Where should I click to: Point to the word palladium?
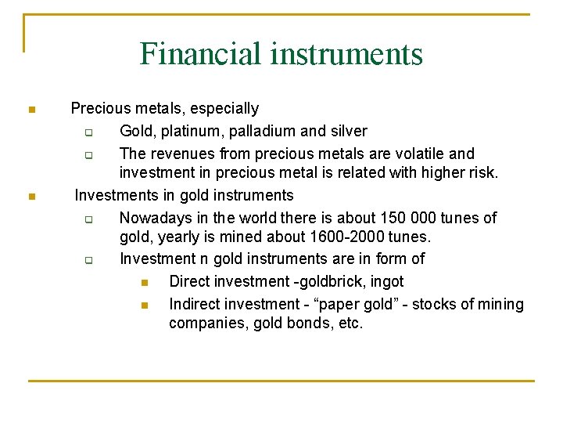260,131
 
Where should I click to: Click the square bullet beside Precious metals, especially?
30,110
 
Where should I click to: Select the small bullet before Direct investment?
144,282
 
